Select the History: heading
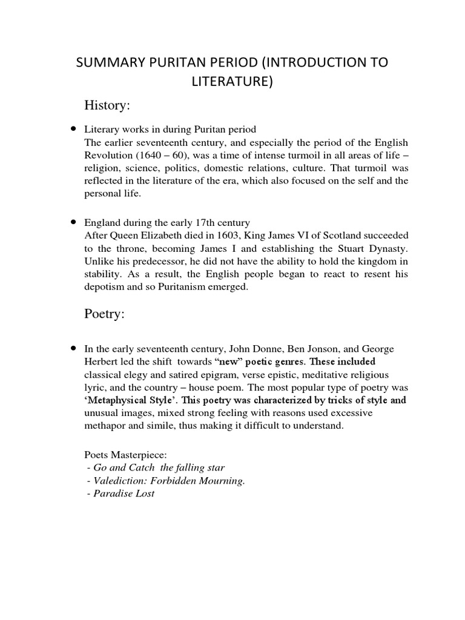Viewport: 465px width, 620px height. [x=108, y=106]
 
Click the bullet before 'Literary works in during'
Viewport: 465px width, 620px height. [x=73, y=128]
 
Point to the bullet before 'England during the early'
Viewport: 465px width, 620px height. [x=73, y=222]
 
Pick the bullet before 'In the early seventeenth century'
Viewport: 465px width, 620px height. [x=73, y=348]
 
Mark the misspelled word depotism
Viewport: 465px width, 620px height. [x=105, y=288]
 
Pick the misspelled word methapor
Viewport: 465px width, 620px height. [x=105, y=426]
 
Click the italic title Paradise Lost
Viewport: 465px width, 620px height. [x=121, y=493]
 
